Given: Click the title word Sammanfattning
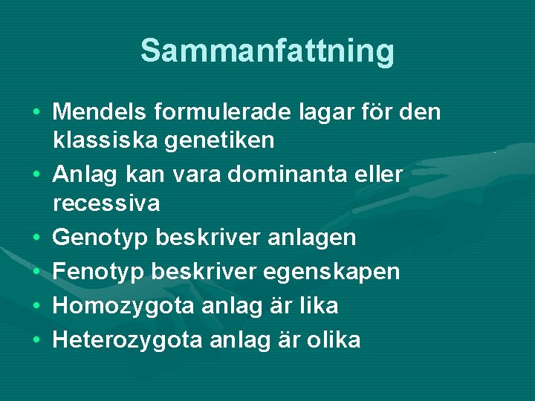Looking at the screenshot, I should [267, 51].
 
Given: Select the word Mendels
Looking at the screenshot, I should [100, 112].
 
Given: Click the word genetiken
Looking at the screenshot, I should [221, 139].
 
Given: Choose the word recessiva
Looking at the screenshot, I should [106, 203].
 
